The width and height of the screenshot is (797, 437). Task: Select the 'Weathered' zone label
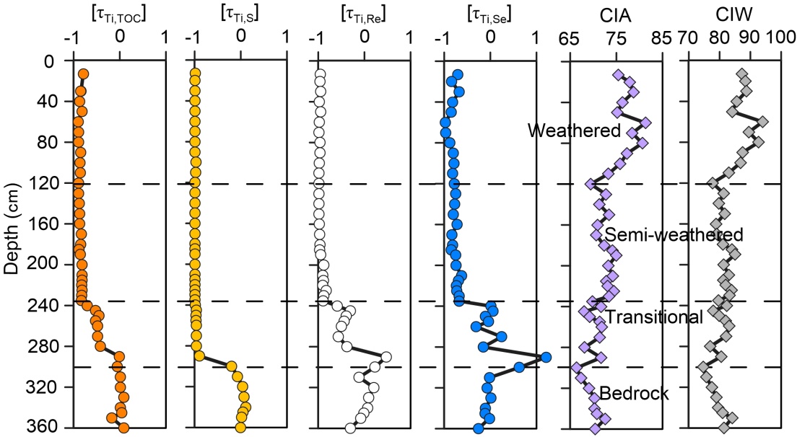point(574,131)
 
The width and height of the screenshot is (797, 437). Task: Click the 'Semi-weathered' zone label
point(674,234)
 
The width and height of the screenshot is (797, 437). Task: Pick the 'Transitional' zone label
point(653,317)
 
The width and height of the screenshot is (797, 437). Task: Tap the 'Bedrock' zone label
point(634,393)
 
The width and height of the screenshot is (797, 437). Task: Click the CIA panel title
point(616,14)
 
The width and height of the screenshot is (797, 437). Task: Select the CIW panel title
point(733,14)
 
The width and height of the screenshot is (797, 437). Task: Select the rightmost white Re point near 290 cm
point(386,357)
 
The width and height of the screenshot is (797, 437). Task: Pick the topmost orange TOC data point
point(83,74)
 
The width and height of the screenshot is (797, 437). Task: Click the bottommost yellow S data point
point(240,428)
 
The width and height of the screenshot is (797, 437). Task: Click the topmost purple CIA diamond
point(617,74)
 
